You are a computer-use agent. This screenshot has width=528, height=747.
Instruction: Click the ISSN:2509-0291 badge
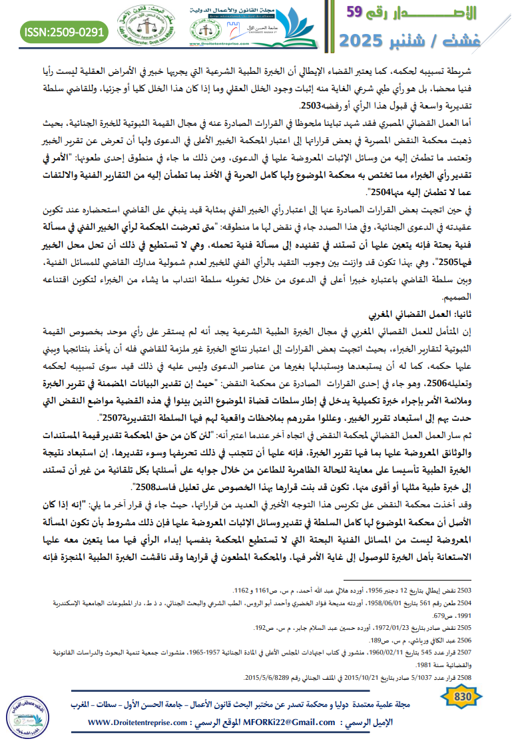point(65,31)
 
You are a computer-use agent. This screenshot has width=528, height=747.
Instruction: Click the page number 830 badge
point(462,696)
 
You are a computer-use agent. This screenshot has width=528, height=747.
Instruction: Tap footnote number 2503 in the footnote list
point(463,572)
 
